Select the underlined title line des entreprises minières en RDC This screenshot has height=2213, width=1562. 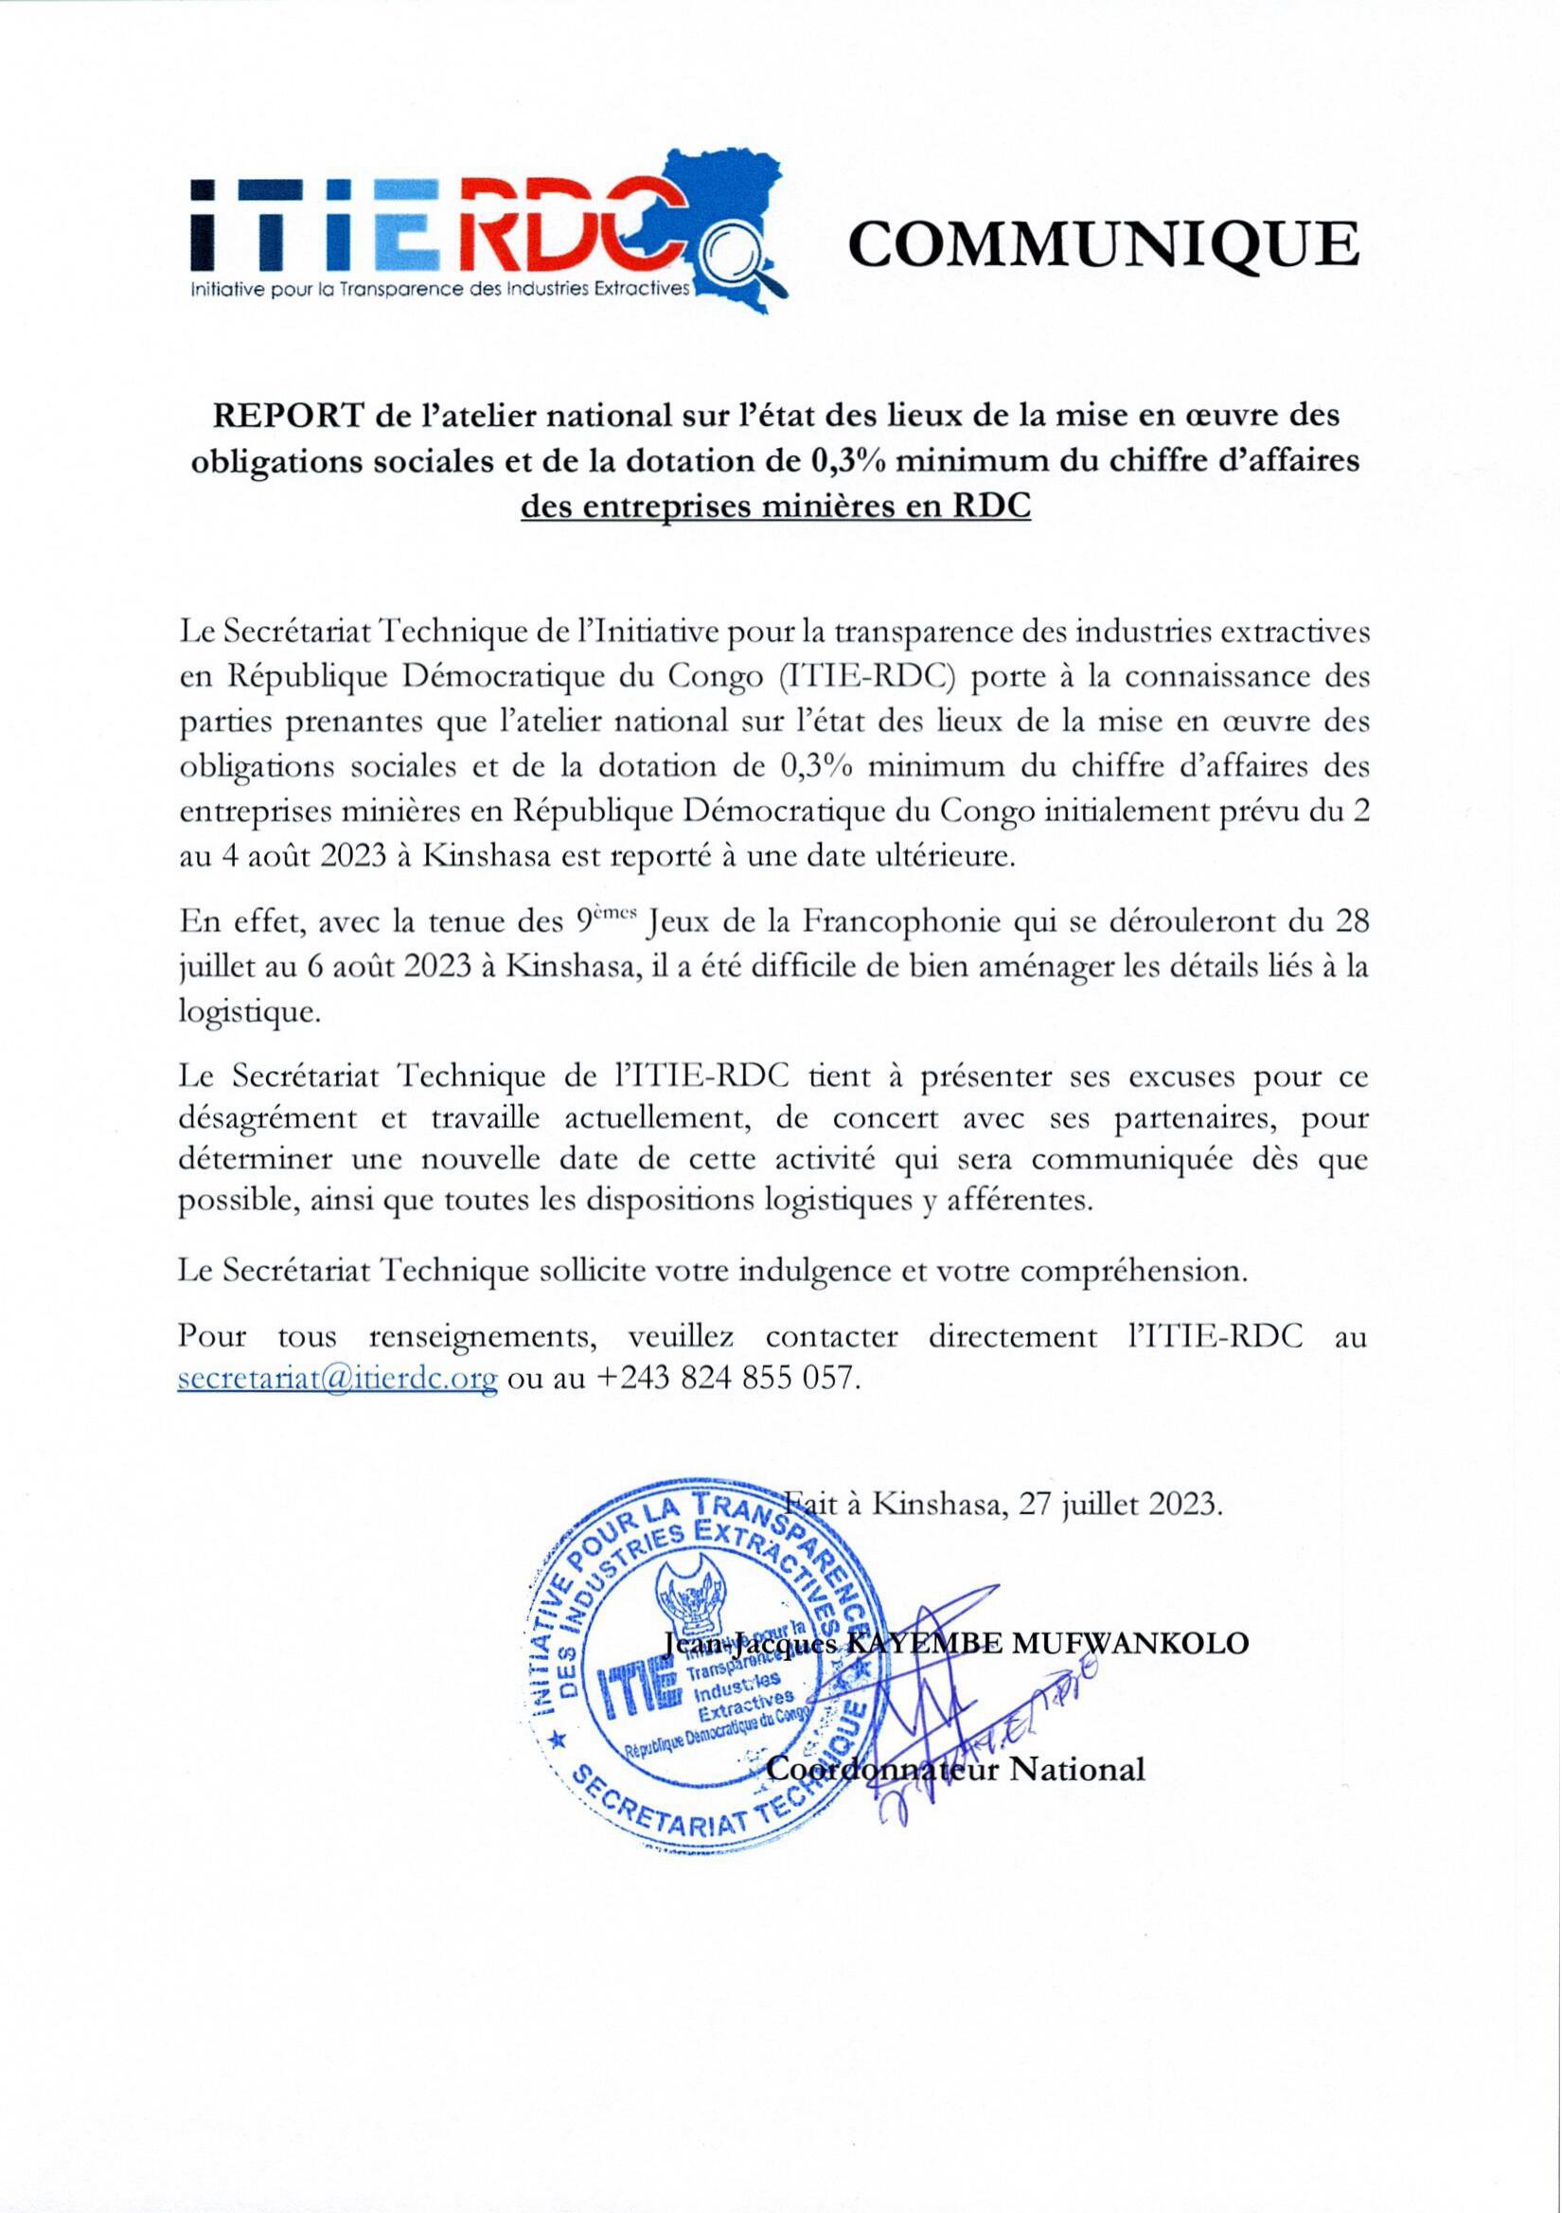[775, 507]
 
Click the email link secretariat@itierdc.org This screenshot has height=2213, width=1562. [338, 1380]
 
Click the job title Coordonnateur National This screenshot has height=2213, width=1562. [956, 1771]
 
